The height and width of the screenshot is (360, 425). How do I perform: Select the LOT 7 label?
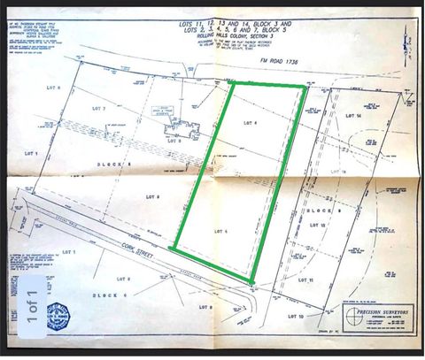pyautogui.click(x=98, y=109)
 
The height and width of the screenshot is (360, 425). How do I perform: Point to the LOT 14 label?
pyautogui.click(x=354, y=116)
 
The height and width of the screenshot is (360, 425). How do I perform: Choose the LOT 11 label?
pyautogui.click(x=332, y=280)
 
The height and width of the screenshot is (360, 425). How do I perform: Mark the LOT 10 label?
pyautogui.click(x=295, y=316)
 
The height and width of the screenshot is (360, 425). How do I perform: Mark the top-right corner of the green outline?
pyautogui.click(x=305, y=88)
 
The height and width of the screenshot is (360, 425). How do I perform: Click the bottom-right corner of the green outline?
pyautogui.click(x=253, y=283)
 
